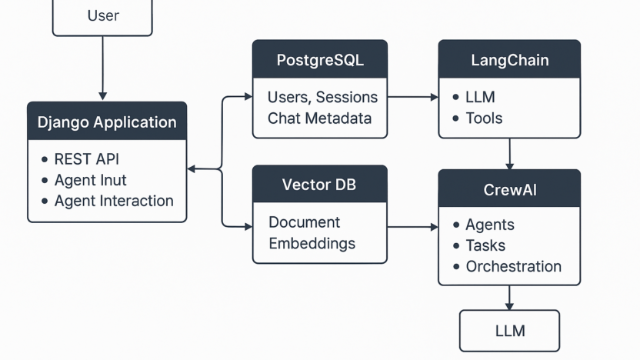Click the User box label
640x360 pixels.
point(103,15)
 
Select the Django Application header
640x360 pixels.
point(107,122)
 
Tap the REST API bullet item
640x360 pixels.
point(86,159)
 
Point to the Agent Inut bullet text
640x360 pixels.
point(91,180)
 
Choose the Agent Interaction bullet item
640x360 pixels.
point(114,201)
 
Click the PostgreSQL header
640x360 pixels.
point(320,59)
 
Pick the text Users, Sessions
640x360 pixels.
point(322,97)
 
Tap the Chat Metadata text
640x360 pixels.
point(319,118)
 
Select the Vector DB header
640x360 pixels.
point(320,184)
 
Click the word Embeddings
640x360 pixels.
point(312,244)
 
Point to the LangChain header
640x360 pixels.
point(509,59)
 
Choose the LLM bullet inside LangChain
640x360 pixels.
point(480,97)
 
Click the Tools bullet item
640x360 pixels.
point(484,118)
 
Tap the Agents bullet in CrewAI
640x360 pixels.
point(490,225)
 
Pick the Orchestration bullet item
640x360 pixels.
point(514,266)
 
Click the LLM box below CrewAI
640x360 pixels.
point(509,331)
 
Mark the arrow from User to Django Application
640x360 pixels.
point(102,68)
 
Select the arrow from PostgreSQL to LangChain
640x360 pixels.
point(413,97)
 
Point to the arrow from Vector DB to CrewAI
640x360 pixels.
point(413,227)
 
